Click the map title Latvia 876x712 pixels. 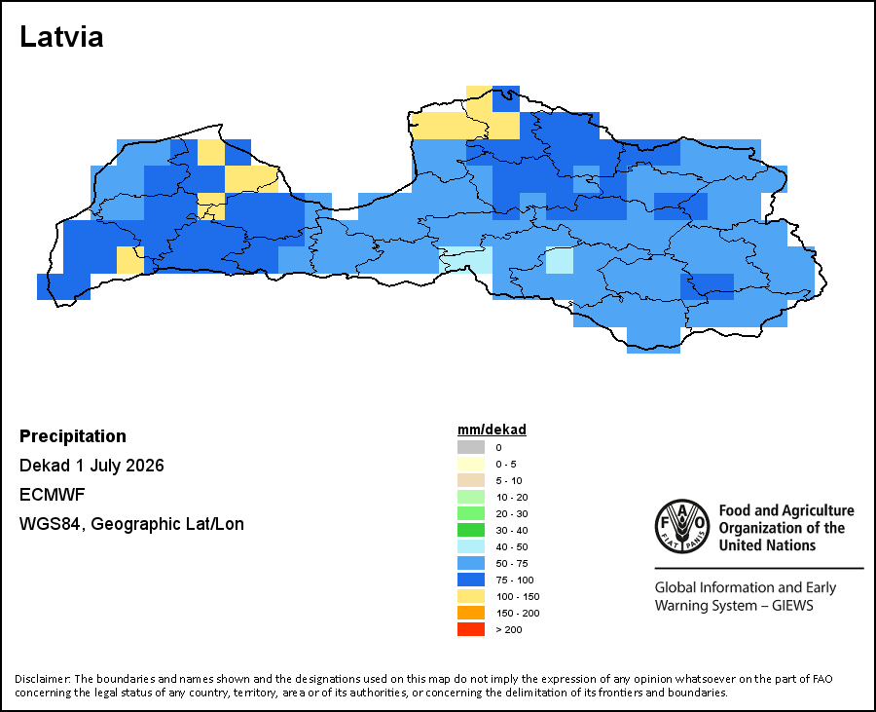pyautogui.click(x=61, y=37)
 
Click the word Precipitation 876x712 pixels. pyautogui.click(x=73, y=436)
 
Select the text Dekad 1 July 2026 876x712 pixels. pyautogui.click(x=91, y=466)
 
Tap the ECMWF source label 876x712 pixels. pyautogui.click(x=52, y=495)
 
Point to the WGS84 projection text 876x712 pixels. pyautogui.click(x=131, y=524)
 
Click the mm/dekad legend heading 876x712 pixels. pyautogui.click(x=492, y=430)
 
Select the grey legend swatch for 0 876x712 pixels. pyautogui.click(x=471, y=447)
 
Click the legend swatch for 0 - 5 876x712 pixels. pyautogui.click(x=471, y=464)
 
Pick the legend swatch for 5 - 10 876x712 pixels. pyautogui.click(x=471, y=480)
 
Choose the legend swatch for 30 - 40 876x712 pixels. pyautogui.click(x=471, y=530)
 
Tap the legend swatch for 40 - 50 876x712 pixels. pyautogui.click(x=471, y=546)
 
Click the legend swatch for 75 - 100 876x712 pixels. pyautogui.click(x=471, y=580)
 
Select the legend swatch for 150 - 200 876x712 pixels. pyautogui.click(x=471, y=613)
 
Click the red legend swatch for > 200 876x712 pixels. pyautogui.click(x=471, y=629)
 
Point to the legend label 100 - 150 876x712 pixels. pyautogui.click(x=518, y=597)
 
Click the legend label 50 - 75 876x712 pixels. pyautogui.click(x=512, y=563)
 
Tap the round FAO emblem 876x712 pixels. pyautogui.click(x=682, y=527)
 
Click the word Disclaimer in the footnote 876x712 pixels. pyautogui.click(x=43, y=679)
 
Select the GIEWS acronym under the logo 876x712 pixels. pyautogui.click(x=792, y=606)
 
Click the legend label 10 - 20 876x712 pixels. pyautogui.click(x=512, y=498)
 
